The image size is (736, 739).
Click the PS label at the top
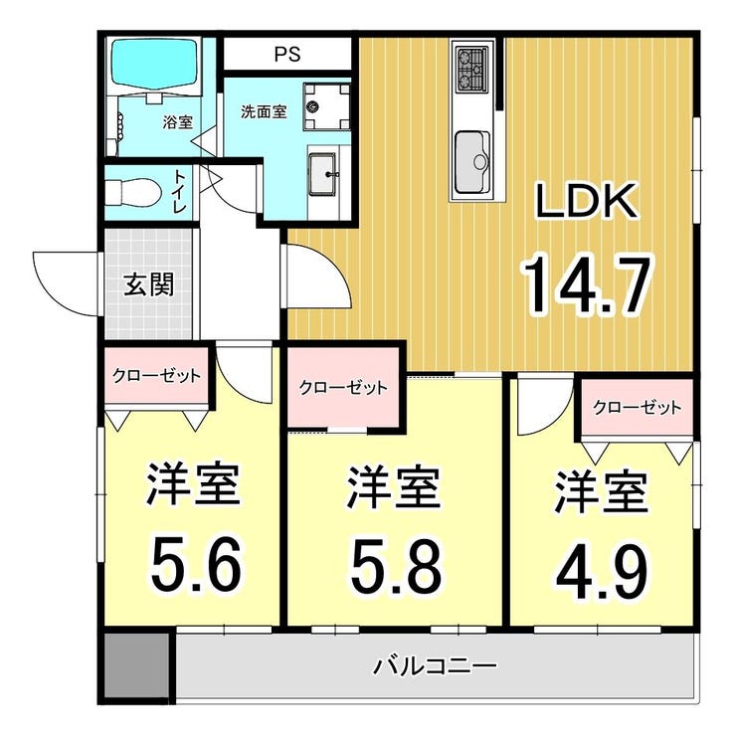click(287, 54)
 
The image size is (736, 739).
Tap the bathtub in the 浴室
click(153, 65)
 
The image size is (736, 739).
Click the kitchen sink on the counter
click(471, 162)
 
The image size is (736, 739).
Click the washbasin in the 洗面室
click(323, 173)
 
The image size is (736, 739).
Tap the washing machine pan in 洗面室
click(326, 106)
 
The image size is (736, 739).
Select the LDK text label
click(587, 201)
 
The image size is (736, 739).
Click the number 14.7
click(587, 283)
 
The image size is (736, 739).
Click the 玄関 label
click(149, 284)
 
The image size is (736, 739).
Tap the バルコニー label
click(435, 666)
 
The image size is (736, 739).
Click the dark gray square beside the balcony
click(136, 666)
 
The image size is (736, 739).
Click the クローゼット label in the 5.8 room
click(343, 388)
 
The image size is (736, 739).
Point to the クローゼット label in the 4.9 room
click(638, 407)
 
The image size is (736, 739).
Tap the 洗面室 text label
click(264, 112)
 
